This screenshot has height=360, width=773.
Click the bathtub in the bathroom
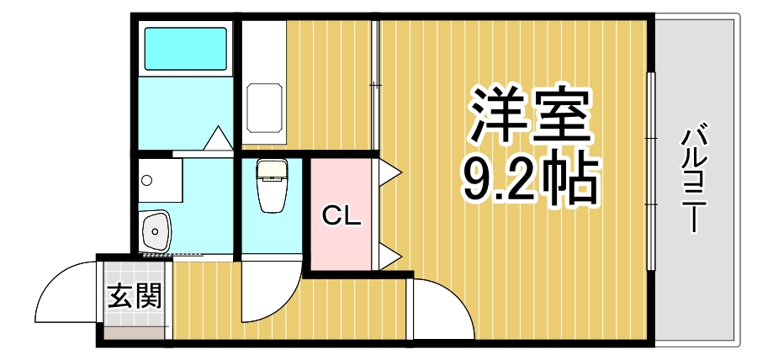(185, 49)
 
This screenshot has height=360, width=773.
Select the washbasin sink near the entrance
(156, 229)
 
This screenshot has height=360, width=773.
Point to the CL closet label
(342, 217)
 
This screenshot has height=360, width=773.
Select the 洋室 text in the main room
(528, 119)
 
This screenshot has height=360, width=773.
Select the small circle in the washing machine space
(146, 179)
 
